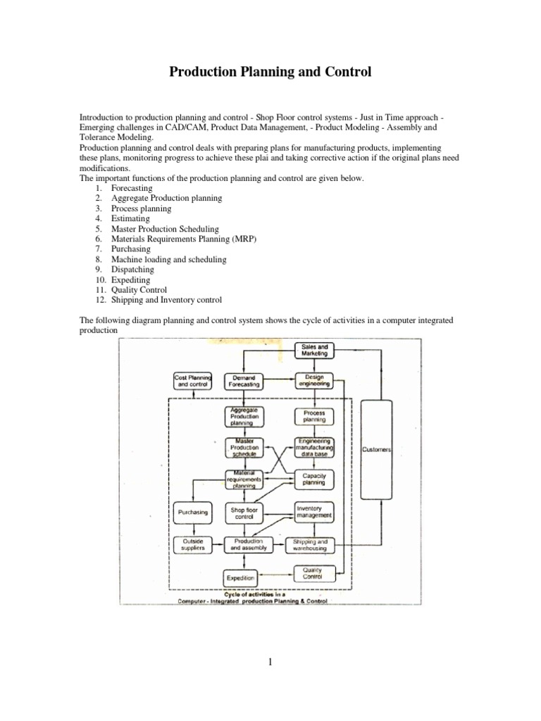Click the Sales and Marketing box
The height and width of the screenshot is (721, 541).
point(314,351)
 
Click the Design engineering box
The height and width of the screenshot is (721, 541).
point(314,382)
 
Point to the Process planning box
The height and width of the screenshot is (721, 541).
point(314,416)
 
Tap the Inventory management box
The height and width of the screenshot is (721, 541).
point(314,512)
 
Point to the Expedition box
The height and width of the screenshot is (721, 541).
point(240,578)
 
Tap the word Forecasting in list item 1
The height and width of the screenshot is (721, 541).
point(132,189)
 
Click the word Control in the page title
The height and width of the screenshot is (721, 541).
point(345,73)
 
